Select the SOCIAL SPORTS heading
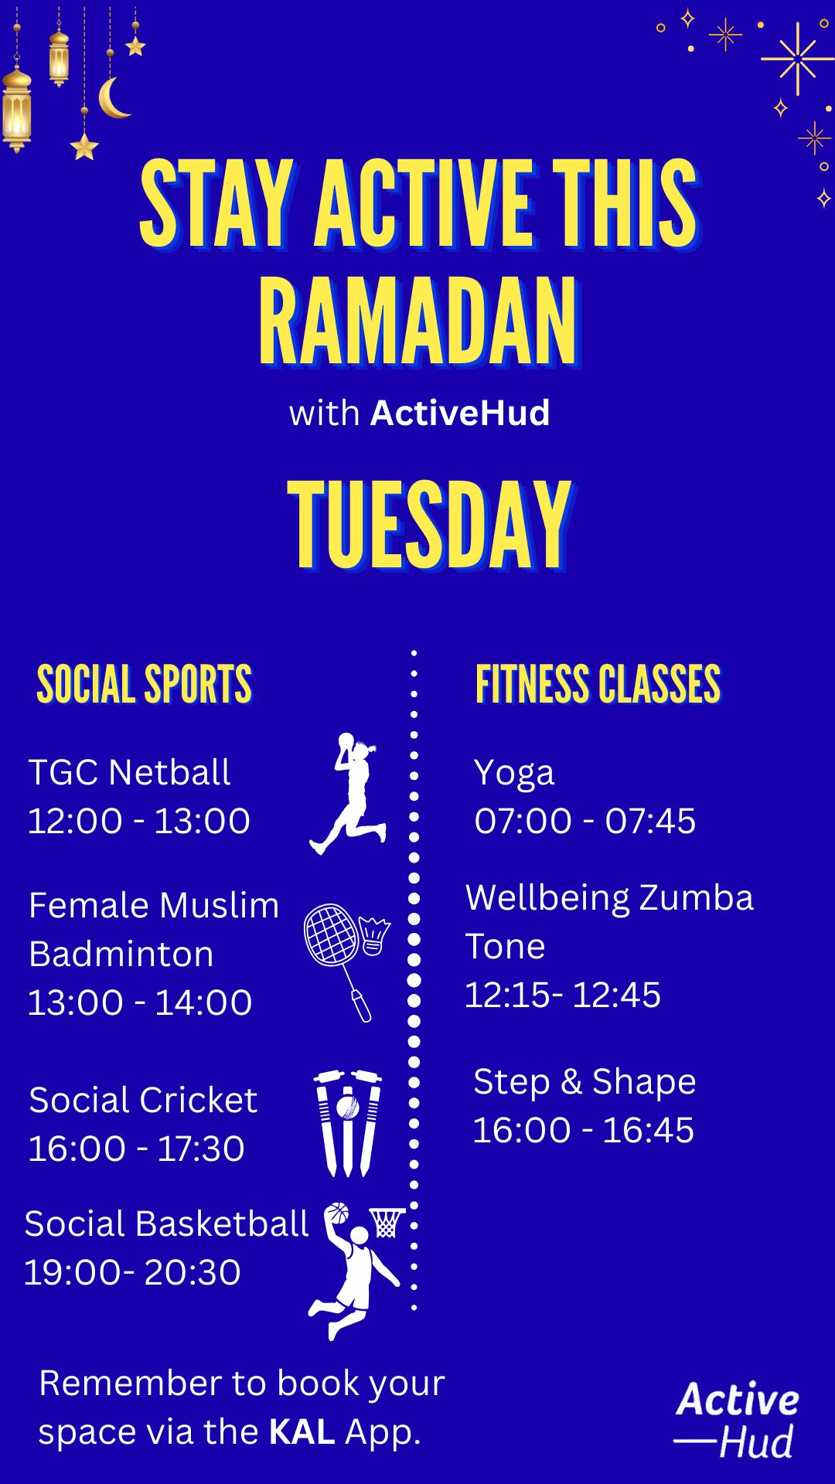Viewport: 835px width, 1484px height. pos(145,684)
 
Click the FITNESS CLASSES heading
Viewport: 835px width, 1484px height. pos(598,684)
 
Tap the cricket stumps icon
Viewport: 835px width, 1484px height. pos(348,1123)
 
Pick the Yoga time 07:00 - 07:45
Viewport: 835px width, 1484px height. pos(585,821)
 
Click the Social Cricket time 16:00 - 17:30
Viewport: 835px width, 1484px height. pos(136,1149)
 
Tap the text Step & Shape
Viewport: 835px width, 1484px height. pos(584,1082)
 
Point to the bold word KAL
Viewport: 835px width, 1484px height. pos(302,1431)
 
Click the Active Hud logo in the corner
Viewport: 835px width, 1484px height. pos(737,1421)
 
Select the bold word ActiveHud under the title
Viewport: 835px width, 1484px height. pos(460,413)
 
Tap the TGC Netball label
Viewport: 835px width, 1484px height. pos(129,772)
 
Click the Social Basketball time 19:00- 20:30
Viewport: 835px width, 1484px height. pos(132,1272)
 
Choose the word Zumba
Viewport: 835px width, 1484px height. pos(696,898)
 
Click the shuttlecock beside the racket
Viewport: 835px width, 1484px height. pos(374,936)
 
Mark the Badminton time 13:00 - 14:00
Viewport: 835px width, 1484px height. pos(140,1002)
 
